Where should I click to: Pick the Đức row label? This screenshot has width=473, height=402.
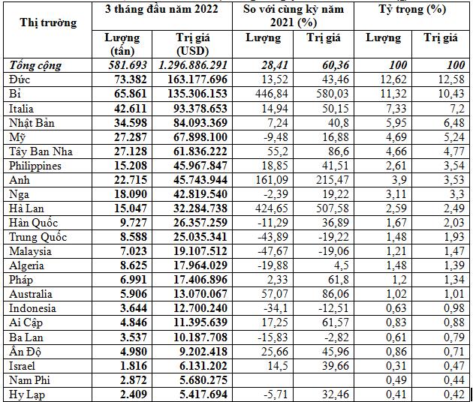20,79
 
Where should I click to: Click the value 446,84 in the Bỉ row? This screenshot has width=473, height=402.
263,93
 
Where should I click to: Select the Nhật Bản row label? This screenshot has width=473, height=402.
32,121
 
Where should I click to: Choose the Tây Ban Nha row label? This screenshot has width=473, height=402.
39,151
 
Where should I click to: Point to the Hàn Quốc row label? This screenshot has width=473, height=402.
34,222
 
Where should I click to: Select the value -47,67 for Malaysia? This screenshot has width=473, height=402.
264,251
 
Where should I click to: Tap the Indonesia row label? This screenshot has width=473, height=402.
31,308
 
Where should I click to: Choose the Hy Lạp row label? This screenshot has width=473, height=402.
26,394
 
